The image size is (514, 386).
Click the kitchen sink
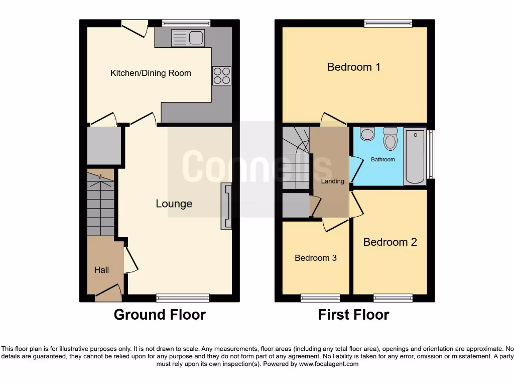pyautogui.click(x=187, y=37)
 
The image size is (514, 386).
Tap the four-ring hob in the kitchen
pyautogui.click(x=222, y=75)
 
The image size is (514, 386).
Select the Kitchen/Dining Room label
pyautogui.click(x=151, y=73)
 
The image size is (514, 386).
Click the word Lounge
pyautogui.click(x=174, y=204)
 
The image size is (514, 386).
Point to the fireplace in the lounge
pyautogui.click(x=226, y=207)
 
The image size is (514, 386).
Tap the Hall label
pyautogui.click(x=101, y=270)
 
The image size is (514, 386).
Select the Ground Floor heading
pyautogui.click(x=160, y=315)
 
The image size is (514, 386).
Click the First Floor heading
pyautogui.click(x=353, y=315)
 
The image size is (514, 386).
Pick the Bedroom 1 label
pyautogui.click(x=353, y=67)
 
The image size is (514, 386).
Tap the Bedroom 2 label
pyautogui.click(x=390, y=242)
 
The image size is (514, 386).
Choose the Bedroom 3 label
pyautogui.click(x=315, y=258)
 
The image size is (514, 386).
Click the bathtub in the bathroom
pyautogui.click(x=415, y=156)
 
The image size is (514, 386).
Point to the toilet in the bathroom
pyautogui.click(x=390, y=138)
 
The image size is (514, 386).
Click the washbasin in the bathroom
pyautogui.click(x=367, y=134)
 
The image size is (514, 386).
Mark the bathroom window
pyautogui.click(x=431, y=154)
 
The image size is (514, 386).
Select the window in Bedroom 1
pyautogui.click(x=388, y=23)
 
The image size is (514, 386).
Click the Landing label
pyautogui.click(x=332, y=181)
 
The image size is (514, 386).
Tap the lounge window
pyautogui.click(x=183, y=298)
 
